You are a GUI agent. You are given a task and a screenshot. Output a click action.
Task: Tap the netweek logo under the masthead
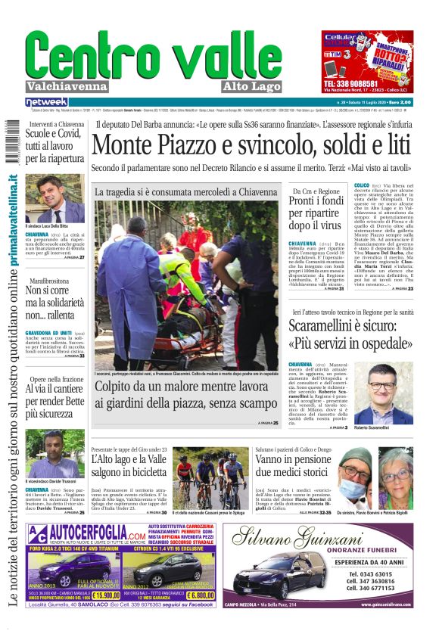(47, 101)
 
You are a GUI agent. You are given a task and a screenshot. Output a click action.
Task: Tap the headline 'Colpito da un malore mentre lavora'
(187, 395)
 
